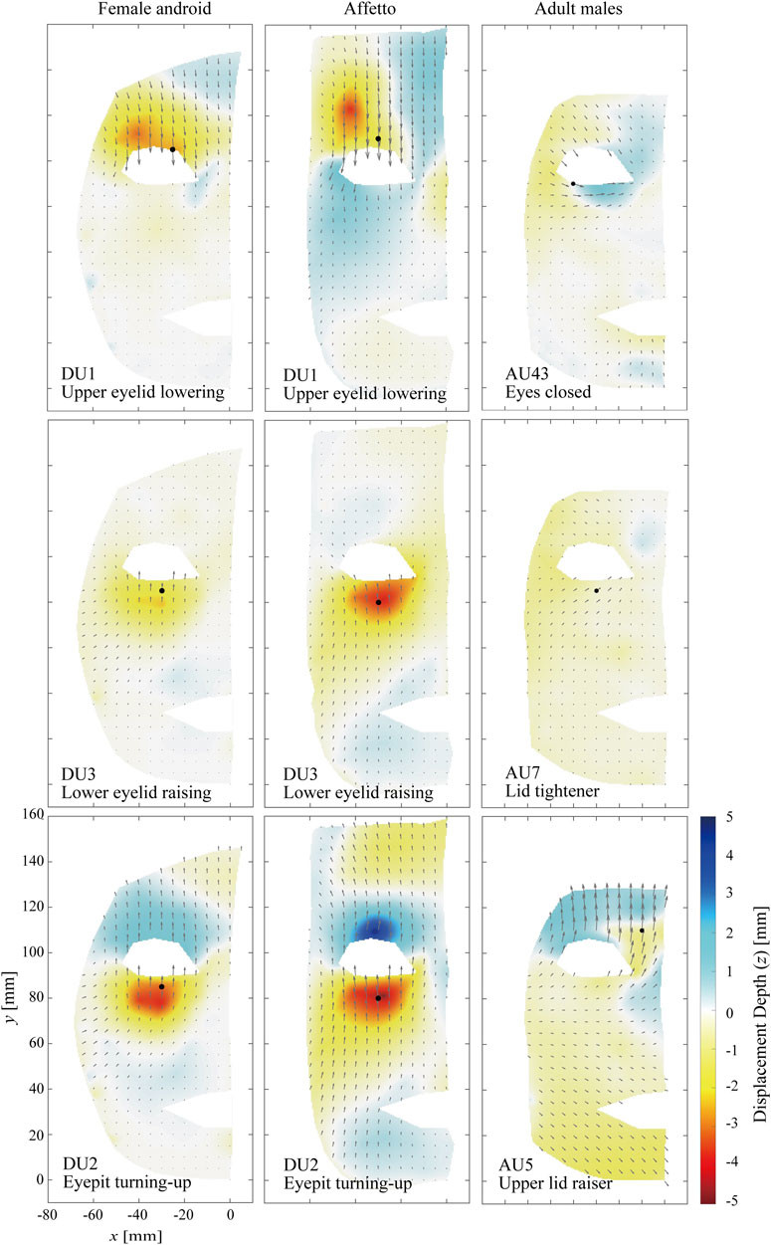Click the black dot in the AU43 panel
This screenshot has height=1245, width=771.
(x=573, y=183)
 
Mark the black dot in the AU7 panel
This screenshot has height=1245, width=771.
(x=596, y=591)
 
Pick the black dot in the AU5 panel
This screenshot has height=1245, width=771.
(x=642, y=931)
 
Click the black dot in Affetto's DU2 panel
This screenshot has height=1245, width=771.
(x=378, y=998)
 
